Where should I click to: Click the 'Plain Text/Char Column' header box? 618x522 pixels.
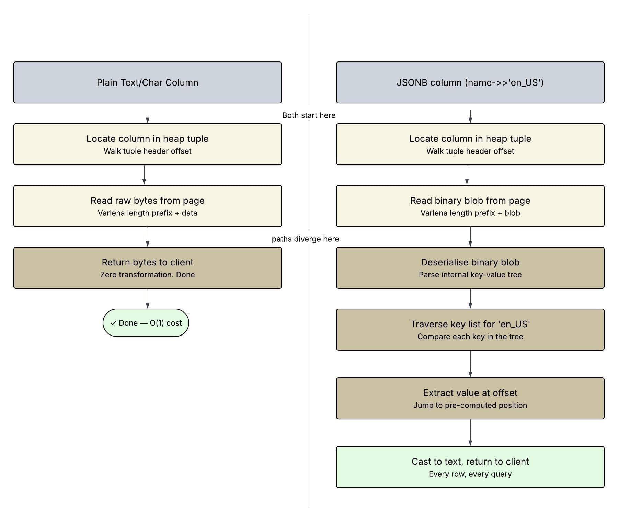coord(148,82)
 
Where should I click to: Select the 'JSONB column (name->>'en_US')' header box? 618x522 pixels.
coord(470,82)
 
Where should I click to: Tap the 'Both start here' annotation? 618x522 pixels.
coord(309,115)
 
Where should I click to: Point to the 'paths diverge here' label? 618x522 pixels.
coord(305,239)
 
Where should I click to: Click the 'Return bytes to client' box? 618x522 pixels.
coord(148,268)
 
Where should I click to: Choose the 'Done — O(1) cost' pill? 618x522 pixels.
coord(146,323)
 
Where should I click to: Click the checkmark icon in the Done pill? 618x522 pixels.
coord(113,323)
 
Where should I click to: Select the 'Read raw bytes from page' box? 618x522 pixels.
coord(148,206)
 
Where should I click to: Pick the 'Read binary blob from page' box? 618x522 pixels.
coord(470,206)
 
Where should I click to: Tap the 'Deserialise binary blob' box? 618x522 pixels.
coord(470,268)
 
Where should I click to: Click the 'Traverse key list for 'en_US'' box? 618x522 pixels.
coord(470,330)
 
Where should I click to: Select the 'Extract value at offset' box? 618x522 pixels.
coord(470,398)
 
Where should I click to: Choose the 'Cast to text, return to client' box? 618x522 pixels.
coord(470,467)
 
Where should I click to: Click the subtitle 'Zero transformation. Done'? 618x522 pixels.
coord(148,275)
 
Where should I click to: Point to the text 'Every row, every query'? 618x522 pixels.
coord(470,474)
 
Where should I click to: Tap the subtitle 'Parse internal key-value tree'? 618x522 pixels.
coord(470,275)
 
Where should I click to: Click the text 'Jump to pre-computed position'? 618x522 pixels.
coord(470,405)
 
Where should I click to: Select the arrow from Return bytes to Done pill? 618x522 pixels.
coord(148,298)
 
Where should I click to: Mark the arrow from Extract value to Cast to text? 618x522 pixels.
coord(470,432)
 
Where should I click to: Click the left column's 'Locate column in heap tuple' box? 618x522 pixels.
coord(148,144)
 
